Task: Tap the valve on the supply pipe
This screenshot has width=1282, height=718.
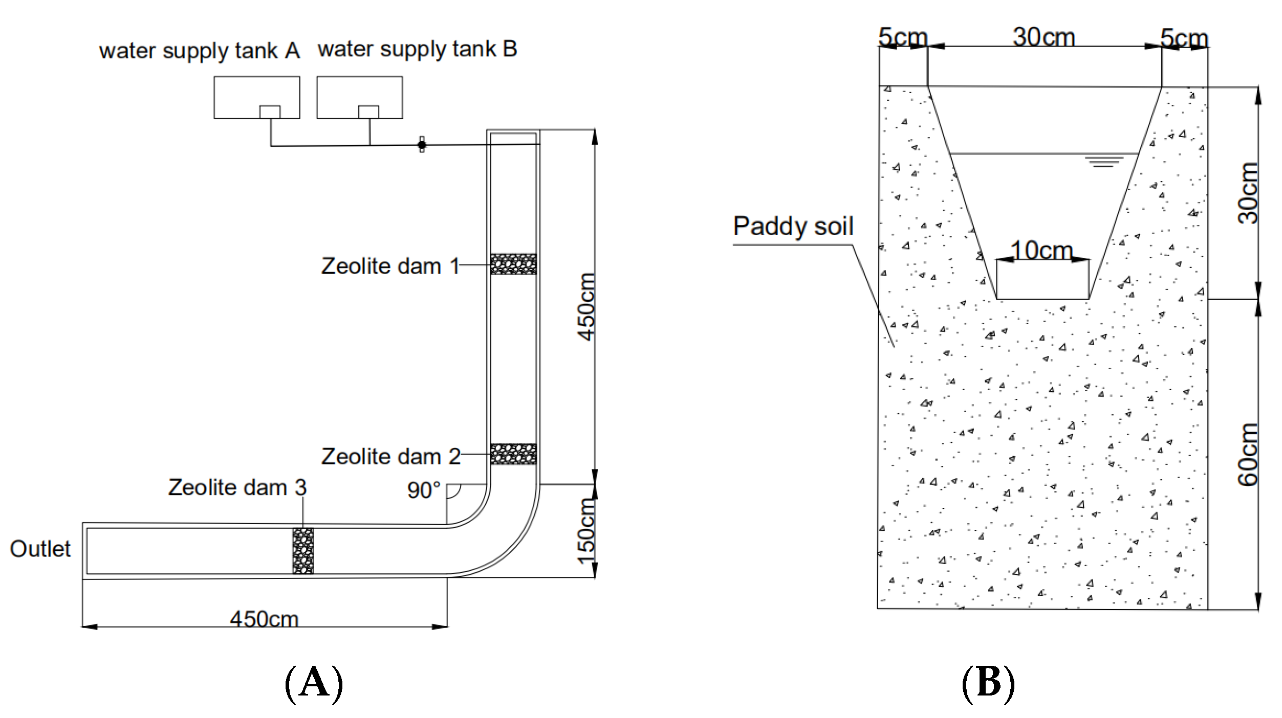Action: [422, 145]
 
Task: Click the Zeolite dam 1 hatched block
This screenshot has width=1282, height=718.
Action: [513, 264]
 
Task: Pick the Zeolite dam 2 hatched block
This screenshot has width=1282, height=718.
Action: [513, 454]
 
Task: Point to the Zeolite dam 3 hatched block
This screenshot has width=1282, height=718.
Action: [303, 551]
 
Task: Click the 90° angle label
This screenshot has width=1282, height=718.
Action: [423, 490]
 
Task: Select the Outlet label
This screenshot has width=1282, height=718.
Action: [40, 549]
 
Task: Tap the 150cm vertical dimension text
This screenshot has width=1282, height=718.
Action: [586, 532]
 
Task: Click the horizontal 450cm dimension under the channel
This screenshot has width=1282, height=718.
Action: [264, 619]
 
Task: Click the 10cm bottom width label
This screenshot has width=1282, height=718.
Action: [1042, 251]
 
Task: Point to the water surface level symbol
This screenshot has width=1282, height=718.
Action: [1104, 162]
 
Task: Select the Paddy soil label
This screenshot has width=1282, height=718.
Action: [793, 226]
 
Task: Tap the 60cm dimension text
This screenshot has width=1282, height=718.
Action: [1247, 454]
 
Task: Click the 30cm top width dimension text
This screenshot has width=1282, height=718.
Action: [1044, 37]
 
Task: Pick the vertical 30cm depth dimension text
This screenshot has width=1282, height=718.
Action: [1247, 193]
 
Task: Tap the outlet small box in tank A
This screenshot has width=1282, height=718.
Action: [270, 112]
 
